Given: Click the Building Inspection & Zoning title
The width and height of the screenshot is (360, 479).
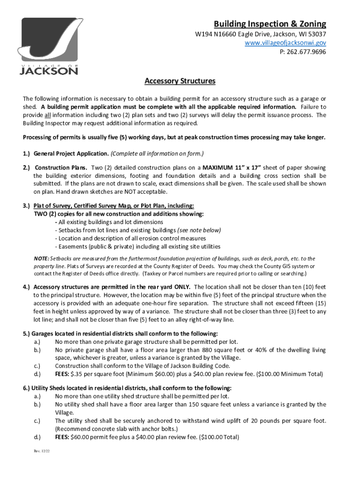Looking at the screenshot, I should coord(270,24).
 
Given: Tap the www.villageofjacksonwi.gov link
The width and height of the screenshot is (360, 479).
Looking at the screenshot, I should coord(286,43).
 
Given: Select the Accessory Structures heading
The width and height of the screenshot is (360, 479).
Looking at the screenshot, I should coord(180,81).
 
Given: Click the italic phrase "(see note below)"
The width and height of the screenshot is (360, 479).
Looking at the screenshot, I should coord(199,230).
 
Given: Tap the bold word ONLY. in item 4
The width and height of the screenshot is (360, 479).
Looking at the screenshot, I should coord(181,287).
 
